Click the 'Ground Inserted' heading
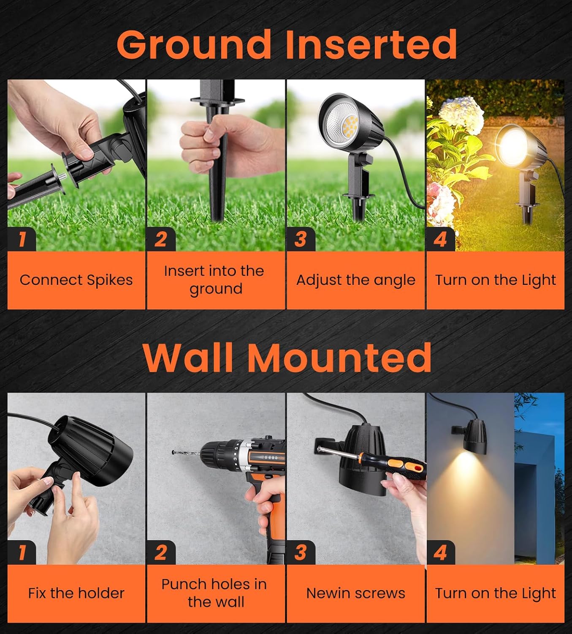287,44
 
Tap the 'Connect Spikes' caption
76,280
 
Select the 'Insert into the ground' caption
215,280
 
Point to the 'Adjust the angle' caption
355,280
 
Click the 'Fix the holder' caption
76,593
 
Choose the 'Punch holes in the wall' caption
215,593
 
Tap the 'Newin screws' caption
355,593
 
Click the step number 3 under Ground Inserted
300,239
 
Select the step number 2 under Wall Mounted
160,552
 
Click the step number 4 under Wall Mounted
440,552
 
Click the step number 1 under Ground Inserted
22,239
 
